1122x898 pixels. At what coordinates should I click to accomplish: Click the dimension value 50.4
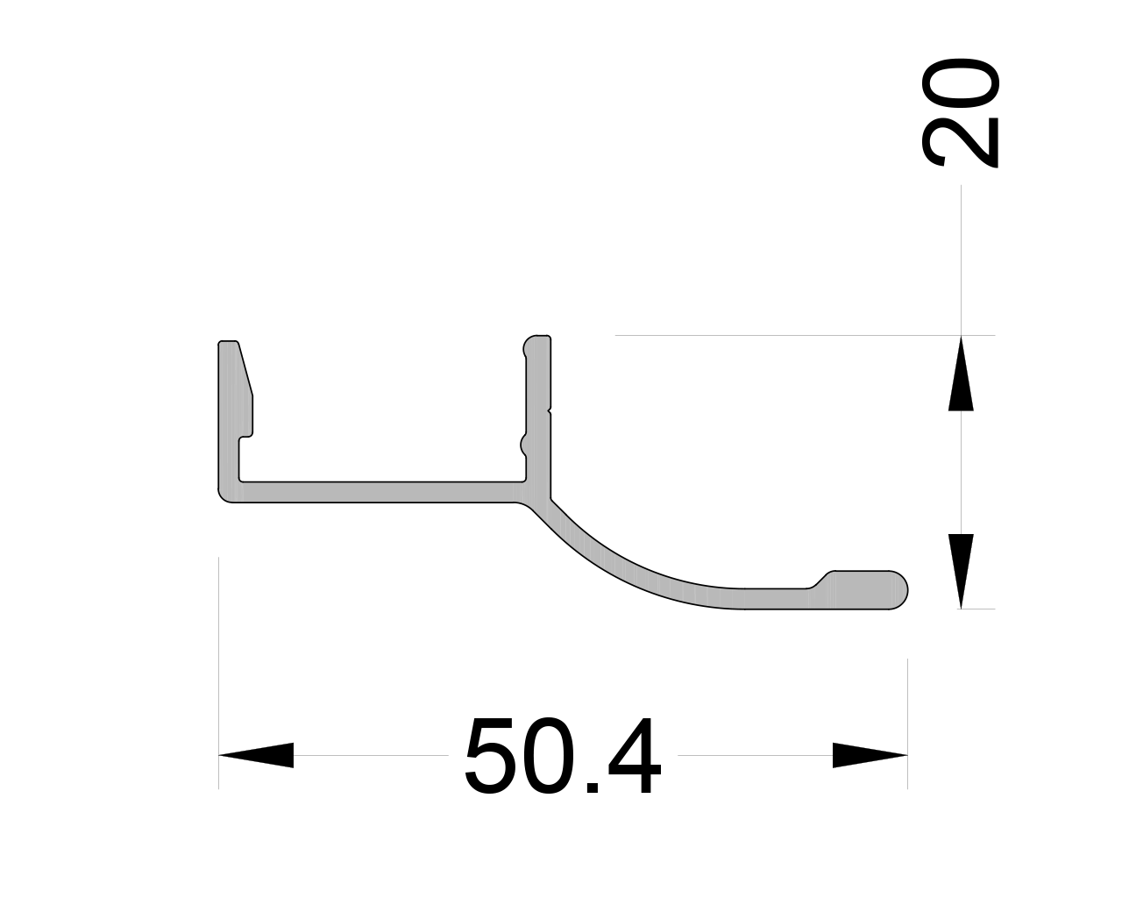click(x=563, y=756)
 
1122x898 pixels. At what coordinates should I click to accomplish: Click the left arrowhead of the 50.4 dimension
click(x=255, y=755)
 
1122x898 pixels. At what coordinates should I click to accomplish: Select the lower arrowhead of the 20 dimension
click(x=961, y=571)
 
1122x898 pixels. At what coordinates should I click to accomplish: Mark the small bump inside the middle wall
click(x=524, y=445)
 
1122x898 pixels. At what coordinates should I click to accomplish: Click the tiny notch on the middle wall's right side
click(x=550, y=410)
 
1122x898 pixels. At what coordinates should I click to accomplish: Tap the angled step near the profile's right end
click(x=822, y=579)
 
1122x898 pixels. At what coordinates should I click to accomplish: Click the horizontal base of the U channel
click(x=377, y=492)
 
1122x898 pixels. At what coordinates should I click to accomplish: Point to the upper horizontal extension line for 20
click(x=789, y=335)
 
